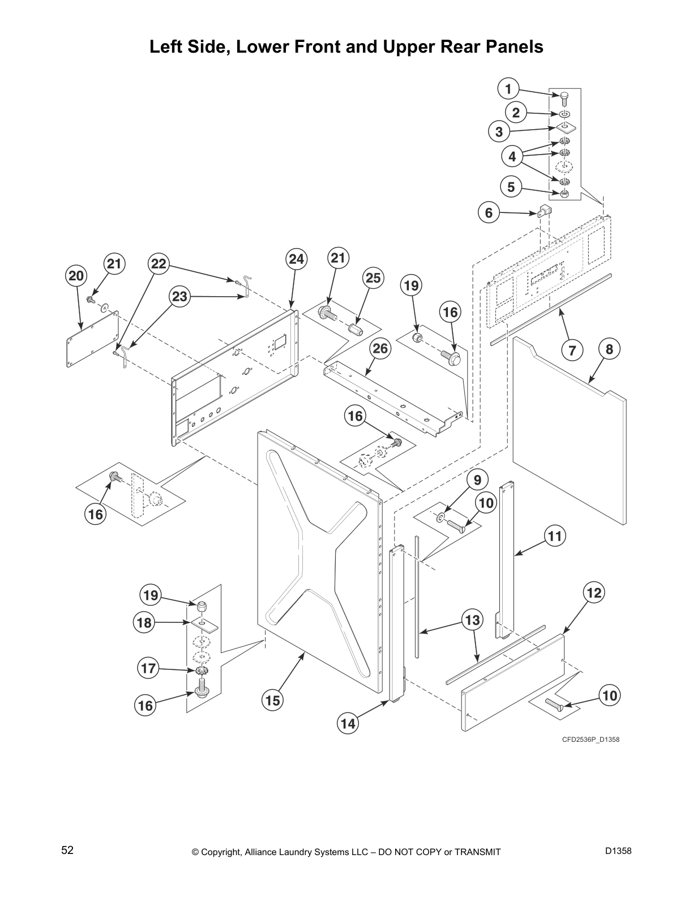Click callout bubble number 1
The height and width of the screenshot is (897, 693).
(508, 89)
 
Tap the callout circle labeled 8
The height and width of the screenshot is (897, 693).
(609, 349)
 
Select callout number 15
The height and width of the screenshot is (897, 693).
(273, 700)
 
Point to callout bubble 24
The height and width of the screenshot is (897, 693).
(296, 259)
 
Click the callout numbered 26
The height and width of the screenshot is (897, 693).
(380, 349)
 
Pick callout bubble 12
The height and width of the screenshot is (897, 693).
(593, 593)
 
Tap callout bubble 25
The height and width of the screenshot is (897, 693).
(373, 278)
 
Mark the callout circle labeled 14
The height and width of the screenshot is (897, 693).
(348, 723)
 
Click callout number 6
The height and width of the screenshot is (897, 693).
(489, 213)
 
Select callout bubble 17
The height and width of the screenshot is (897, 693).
(148, 668)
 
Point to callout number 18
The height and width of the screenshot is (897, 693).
(144, 623)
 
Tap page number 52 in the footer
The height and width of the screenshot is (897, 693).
(67, 850)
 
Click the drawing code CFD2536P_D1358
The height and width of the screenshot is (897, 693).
(587, 740)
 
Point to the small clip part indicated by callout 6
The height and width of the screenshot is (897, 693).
(544, 212)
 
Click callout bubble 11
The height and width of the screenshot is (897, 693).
(555, 535)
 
